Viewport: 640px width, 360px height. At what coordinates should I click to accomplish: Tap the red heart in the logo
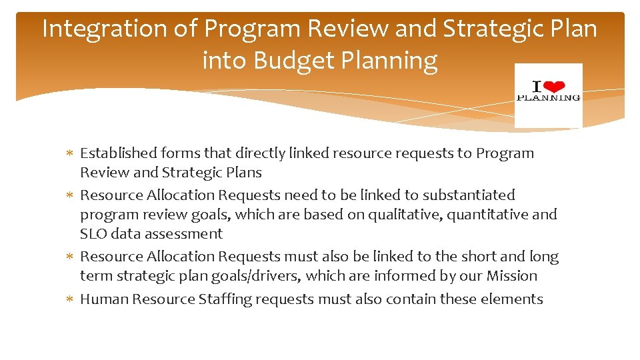coord(556,86)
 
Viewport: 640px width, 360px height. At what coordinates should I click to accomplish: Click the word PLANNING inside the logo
coord(549,97)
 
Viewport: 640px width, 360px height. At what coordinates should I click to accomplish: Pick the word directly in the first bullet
coord(267,153)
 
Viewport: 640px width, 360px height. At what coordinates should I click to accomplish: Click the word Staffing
coord(226,299)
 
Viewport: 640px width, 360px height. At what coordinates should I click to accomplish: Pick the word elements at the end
coord(515,299)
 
